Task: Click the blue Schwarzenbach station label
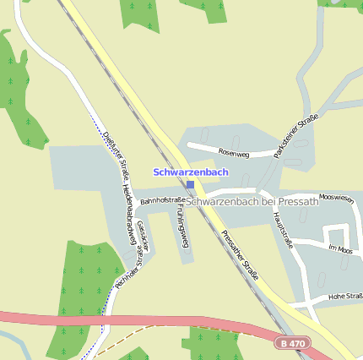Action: coord(190,172)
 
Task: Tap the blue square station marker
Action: coord(190,184)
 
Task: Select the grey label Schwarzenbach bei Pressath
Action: coord(252,201)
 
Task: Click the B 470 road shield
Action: coord(292,344)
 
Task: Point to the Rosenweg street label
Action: coord(234,153)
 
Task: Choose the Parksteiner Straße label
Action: coord(295,135)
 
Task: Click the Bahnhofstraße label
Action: coord(163,200)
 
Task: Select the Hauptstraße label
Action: coord(283,228)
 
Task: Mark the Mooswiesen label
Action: coord(336,197)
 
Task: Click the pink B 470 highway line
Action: coord(127,320)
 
